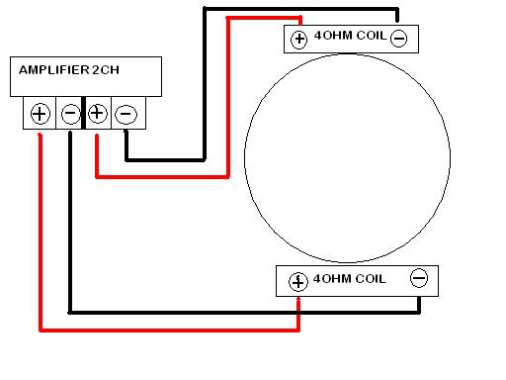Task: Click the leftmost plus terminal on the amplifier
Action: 40,113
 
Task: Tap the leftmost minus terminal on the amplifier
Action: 69,113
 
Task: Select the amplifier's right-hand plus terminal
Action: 97,113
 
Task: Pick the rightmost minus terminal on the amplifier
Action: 126,113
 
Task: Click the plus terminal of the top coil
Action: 298,39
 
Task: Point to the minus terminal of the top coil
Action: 398,39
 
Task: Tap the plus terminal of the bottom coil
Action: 298,281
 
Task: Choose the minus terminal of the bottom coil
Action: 418,279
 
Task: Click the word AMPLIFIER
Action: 54,70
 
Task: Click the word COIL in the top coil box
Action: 367,38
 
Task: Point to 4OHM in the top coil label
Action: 329,38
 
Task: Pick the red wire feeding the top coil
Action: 229,99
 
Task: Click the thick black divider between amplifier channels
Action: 83,113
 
